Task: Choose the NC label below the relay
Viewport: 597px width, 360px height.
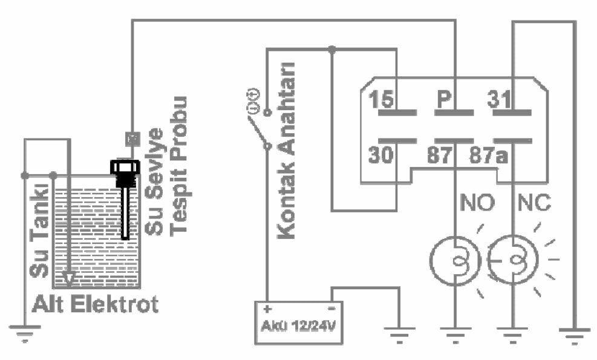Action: click(x=535, y=203)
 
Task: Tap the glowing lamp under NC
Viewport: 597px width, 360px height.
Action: click(x=512, y=261)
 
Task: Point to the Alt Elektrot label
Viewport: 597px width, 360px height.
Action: click(x=96, y=303)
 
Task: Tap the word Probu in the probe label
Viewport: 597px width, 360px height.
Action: click(x=179, y=120)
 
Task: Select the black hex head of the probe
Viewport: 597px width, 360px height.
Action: click(x=125, y=166)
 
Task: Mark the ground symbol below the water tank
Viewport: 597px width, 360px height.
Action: click(x=25, y=332)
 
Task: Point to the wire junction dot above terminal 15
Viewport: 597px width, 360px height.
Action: click(x=331, y=50)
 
